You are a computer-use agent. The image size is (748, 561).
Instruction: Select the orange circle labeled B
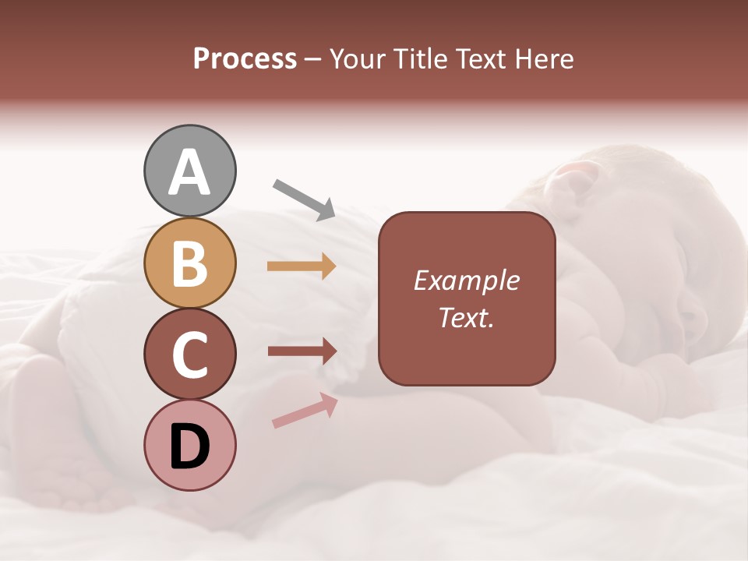click(x=189, y=263)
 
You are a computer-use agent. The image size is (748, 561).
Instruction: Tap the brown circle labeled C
click(x=189, y=355)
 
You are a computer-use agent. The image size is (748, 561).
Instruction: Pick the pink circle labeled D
click(x=189, y=446)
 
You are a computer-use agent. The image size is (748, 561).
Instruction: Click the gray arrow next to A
click(x=304, y=199)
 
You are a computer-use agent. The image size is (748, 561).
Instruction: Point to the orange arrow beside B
click(x=302, y=266)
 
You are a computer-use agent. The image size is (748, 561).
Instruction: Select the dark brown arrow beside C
click(x=302, y=351)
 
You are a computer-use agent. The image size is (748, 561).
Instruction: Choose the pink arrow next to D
click(x=305, y=411)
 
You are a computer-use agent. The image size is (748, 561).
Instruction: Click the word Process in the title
click(x=245, y=59)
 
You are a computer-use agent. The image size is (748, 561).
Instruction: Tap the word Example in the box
click(x=466, y=280)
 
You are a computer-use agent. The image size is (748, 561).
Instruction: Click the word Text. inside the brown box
click(x=466, y=317)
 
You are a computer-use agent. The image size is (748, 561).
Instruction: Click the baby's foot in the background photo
click(x=47, y=405)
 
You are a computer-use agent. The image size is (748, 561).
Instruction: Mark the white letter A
click(x=189, y=172)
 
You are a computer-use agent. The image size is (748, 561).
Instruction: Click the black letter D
click(x=189, y=446)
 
